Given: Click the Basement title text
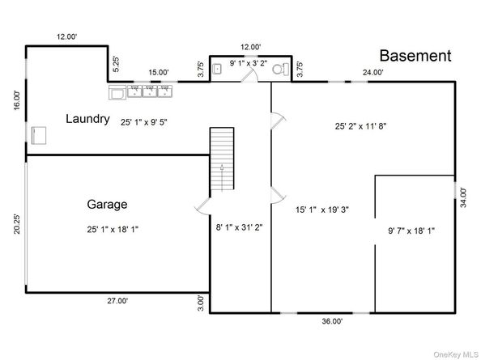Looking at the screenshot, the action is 415,56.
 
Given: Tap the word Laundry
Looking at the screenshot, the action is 87,119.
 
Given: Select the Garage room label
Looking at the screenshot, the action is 107,205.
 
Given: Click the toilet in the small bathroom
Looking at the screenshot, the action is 281,69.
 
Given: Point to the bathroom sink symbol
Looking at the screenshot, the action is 218,69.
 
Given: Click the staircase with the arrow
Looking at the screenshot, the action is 222,159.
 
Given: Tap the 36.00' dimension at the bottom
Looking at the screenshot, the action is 332,321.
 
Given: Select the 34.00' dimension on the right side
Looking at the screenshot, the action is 463,197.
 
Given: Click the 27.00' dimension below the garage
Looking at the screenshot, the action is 117,301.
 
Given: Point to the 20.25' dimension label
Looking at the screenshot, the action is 17,224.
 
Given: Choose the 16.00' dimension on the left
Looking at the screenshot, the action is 17,100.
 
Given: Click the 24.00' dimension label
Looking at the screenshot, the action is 373,72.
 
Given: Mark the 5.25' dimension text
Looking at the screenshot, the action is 117,65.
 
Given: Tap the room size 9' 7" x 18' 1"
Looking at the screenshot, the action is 411,231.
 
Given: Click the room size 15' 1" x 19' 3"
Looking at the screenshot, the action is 322,210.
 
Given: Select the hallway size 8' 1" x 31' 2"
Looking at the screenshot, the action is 239,227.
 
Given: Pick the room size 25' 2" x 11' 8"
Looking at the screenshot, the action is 360,126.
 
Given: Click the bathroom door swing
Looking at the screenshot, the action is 250,76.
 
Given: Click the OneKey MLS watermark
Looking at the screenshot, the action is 455,354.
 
